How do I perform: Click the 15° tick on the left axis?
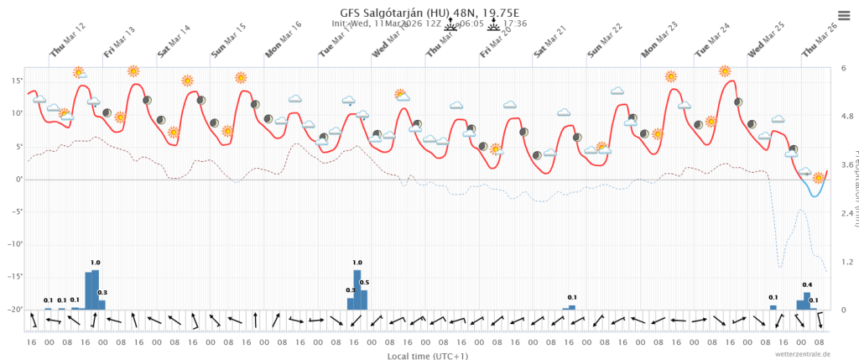pos(17,81)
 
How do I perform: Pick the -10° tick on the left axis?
pos(15,244)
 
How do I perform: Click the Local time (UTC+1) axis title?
pos(428,356)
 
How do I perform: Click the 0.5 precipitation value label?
pos(364,283)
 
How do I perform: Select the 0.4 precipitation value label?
pos(807,285)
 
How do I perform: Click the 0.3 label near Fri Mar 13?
pos(102,293)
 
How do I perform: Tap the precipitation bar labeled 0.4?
pos(807,300)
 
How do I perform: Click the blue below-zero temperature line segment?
pos(815,193)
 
